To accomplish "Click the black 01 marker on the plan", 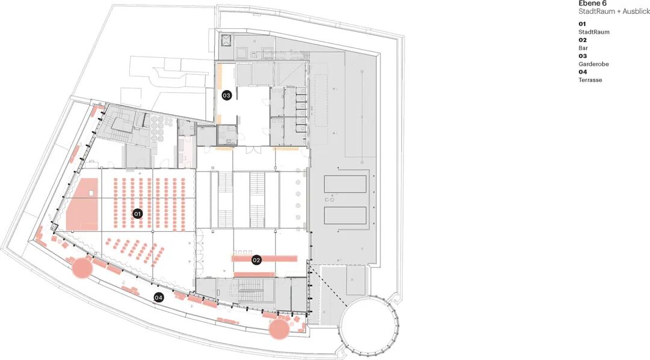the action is tap(137, 214).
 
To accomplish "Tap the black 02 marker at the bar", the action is tap(256, 260).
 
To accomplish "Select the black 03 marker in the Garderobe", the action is tap(226, 95).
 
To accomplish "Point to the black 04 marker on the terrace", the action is tap(158, 297).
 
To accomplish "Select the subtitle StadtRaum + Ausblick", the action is tap(614, 11).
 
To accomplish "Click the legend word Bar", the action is tap(583, 48).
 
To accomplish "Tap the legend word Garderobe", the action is tap(593, 64).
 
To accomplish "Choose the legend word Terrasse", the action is tap(590, 80).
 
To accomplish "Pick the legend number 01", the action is tap(583, 24).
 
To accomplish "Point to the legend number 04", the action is tap(583, 72).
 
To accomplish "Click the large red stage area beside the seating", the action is tap(82, 204).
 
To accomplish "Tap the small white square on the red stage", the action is tap(91, 193).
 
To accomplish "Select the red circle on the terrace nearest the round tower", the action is tap(279, 329).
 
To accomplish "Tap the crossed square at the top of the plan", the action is tap(226, 40).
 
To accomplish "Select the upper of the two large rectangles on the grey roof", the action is tap(345, 184).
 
